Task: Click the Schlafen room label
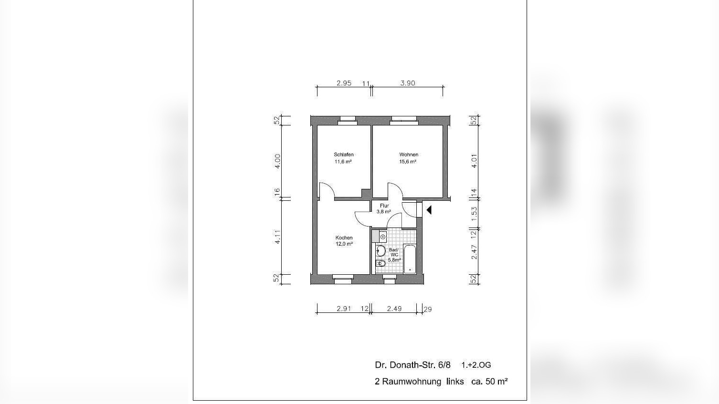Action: point(344,155)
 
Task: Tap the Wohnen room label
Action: point(409,155)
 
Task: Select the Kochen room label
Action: point(344,238)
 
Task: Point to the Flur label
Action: point(384,206)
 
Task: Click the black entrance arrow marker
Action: point(429,209)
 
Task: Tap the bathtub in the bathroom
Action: point(410,259)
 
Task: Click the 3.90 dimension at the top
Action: point(408,83)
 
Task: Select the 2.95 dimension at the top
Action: point(344,83)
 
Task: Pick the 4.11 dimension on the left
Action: point(277,237)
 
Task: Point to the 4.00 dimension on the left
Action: point(277,161)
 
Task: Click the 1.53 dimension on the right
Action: point(474,213)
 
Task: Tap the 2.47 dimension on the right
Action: point(474,252)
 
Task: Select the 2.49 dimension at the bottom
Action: point(394,309)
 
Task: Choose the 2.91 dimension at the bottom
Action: point(344,309)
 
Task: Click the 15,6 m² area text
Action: point(408,162)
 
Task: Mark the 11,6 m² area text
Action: point(343,162)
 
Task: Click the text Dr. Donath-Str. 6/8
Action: point(412,365)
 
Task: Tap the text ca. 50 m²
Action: point(489,381)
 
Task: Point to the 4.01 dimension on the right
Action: point(474,161)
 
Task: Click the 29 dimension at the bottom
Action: point(428,309)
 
